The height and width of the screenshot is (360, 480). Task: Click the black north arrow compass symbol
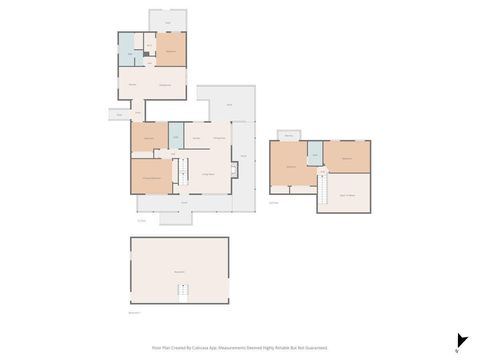click(x=461, y=341)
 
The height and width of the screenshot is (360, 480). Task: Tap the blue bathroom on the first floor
click(x=175, y=135)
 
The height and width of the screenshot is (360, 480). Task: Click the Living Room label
click(x=211, y=173)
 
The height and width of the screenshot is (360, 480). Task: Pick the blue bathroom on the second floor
click(x=315, y=152)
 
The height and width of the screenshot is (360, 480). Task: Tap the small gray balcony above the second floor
click(x=290, y=135)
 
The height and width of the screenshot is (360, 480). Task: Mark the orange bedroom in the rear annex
click(x=171, y=49)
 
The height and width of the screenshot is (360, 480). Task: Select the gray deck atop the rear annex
click(x=167, y=20)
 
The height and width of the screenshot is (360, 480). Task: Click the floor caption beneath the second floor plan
click(x=274, y=201)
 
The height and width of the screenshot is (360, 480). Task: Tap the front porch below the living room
click(x=184, y=202)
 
